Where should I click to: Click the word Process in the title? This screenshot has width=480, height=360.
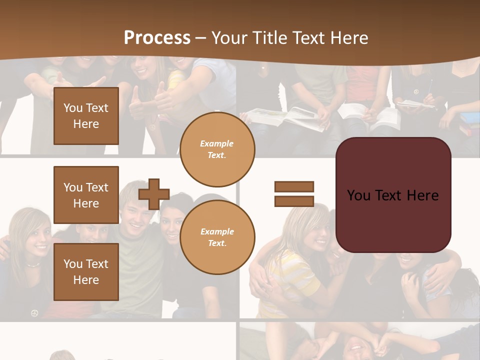[x=157, y=38]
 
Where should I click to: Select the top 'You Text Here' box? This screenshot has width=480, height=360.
[x=86, y=116]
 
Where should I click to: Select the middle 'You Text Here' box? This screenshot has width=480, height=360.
[x=86, y=195]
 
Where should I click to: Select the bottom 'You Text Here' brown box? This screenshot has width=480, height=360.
[x=86, y=272]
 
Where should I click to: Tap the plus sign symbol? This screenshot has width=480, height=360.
[x=154, y=193]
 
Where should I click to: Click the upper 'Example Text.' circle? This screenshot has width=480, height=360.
[x=217, y=149]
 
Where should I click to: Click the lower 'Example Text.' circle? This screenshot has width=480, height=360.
[x=217, y=237]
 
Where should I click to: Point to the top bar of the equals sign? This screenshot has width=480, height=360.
[x=294, y=186]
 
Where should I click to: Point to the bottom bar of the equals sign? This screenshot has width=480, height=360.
[x=294, y=201]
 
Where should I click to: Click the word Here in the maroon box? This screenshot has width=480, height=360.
[x=422, y=195]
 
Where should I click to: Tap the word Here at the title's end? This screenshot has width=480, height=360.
[x=347, y=38]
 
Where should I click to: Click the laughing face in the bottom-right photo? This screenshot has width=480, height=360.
[x=355, y=347]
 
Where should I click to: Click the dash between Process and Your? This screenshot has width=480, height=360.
[x=201, y=38]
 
